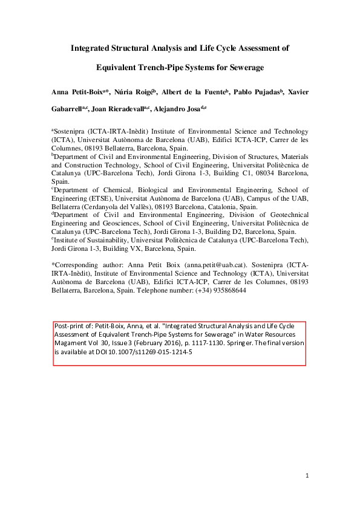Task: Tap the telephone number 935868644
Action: pos(225,290)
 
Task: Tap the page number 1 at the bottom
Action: pos(307,476)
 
